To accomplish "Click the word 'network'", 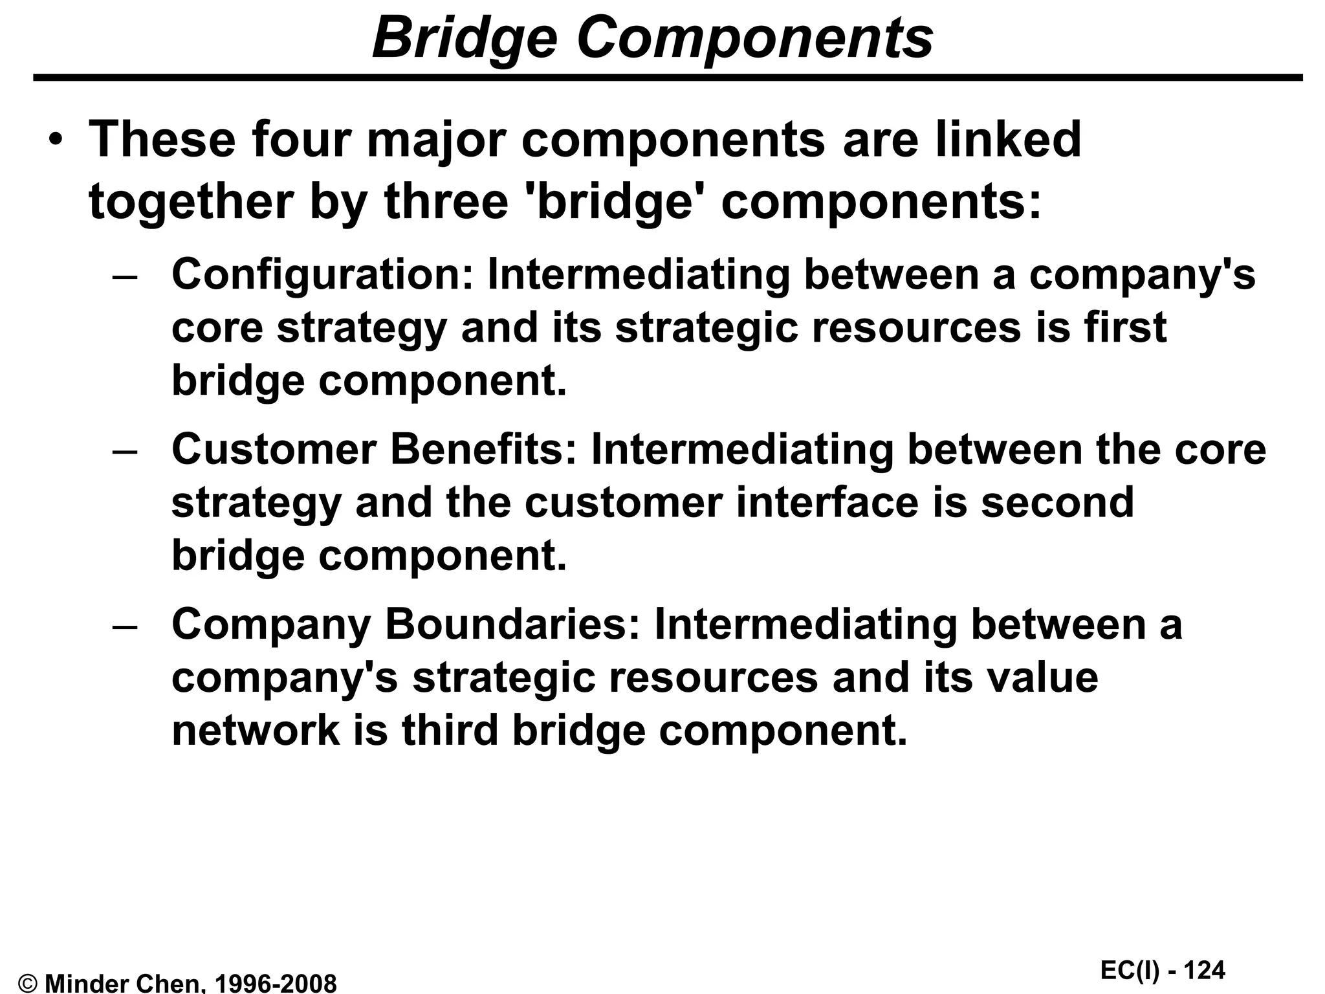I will [256, 731].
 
